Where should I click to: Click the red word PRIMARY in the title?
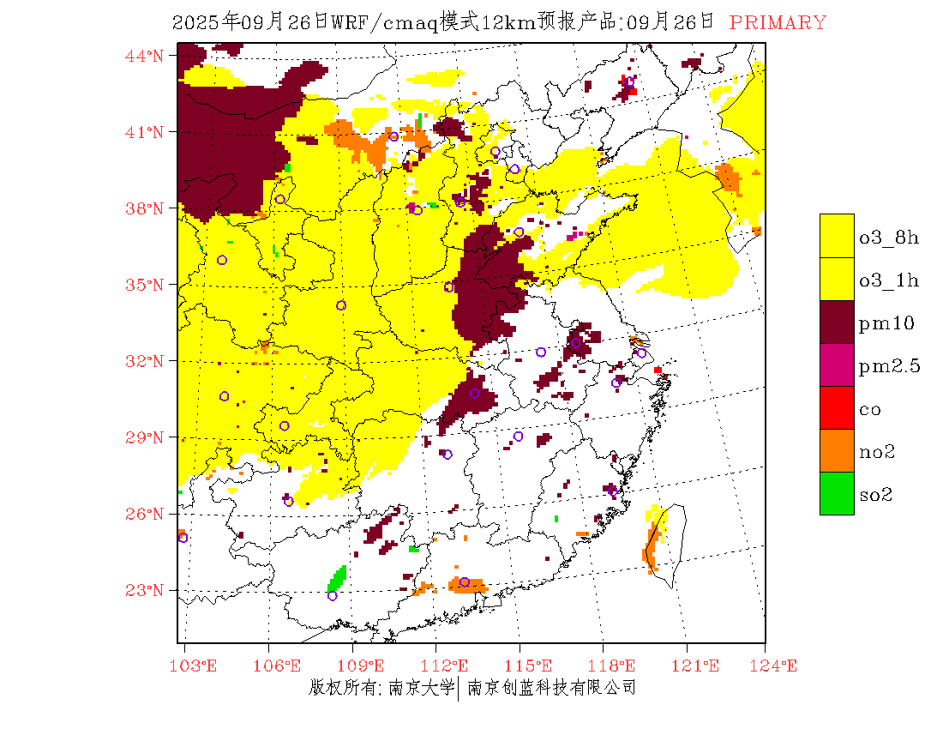778,23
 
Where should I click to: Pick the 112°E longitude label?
450,666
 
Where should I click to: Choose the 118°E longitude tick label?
616,666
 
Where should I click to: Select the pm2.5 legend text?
890,366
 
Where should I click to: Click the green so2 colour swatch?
837,493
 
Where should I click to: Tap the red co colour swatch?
837,407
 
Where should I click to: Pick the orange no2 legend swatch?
837,450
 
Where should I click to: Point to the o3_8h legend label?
890,238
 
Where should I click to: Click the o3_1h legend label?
890,280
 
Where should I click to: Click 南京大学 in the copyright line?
420,687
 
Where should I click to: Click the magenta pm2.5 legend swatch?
837,364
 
